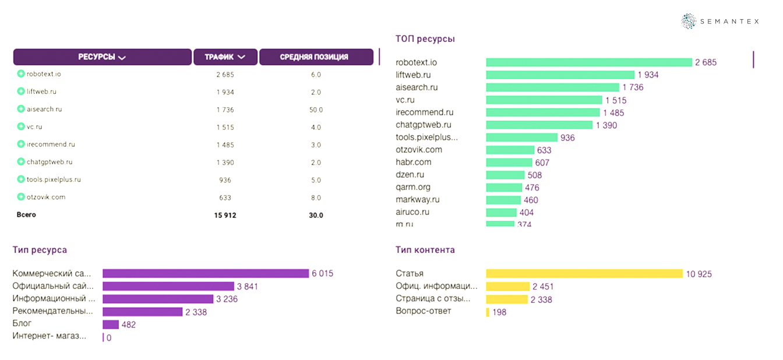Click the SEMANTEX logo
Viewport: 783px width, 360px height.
click(x=720, y=22)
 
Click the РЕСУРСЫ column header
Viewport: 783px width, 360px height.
click(x=102, y=57)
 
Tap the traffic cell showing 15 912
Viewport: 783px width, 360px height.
click(x=225, y=215)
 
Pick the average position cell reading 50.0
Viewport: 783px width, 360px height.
click(x=316, y=110)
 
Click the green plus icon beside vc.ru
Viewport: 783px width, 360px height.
click(x=21, y=126)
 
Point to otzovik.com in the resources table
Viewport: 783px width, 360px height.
click(x=45, y=197)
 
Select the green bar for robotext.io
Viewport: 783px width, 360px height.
click(x=588, y=62)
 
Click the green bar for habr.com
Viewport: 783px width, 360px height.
click(x=509, y=163)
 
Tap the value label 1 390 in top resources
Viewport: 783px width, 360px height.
click(x=606, y=125)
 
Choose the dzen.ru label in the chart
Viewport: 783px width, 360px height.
click(x=410, y=174)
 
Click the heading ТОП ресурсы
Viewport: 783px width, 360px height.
click(x=425, y=39)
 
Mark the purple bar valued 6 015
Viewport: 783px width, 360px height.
click(x=206, y=273)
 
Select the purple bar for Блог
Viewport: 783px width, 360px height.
click(x=111, y=324)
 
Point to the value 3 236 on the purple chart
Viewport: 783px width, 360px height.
click(x=226, y=299)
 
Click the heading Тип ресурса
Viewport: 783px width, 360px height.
click(x=40, y=250)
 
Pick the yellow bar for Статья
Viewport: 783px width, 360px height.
click(x=584, y=274)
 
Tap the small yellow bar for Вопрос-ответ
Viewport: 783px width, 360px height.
click(x=488, y=312)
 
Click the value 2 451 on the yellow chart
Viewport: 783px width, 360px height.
click(x=543, y=287)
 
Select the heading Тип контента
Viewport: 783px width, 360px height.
click(x=425, y=250)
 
